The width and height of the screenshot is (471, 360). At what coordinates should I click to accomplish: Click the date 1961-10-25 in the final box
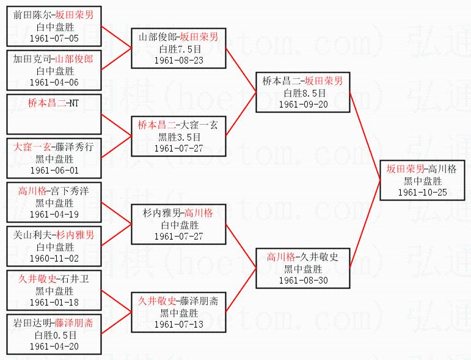tap(422, 192)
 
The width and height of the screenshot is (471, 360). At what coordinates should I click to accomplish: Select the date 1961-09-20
tap(303, 104)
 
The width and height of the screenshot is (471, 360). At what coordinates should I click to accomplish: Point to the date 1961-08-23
tap(178, 60)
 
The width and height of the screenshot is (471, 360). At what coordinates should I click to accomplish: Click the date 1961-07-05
tap(54, 38)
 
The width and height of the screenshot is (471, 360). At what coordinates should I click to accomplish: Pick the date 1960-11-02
tap(54, 259)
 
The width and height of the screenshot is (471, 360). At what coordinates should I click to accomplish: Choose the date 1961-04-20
tap(54, 347)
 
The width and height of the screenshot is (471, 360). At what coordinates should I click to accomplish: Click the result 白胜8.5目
tap(303, 92)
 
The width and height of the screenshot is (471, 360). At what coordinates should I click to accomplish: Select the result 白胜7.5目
tap(178, 49)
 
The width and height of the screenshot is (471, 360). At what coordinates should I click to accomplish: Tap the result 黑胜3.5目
tap(178, 137)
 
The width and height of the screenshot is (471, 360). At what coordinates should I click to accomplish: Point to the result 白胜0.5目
tap(54, 335)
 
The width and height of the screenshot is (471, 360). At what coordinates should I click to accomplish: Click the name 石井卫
tap(76, 279)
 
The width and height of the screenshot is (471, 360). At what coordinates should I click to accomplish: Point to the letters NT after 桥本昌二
tap(73, 103)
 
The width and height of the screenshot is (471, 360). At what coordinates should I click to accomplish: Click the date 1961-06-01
tap(54, 170)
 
